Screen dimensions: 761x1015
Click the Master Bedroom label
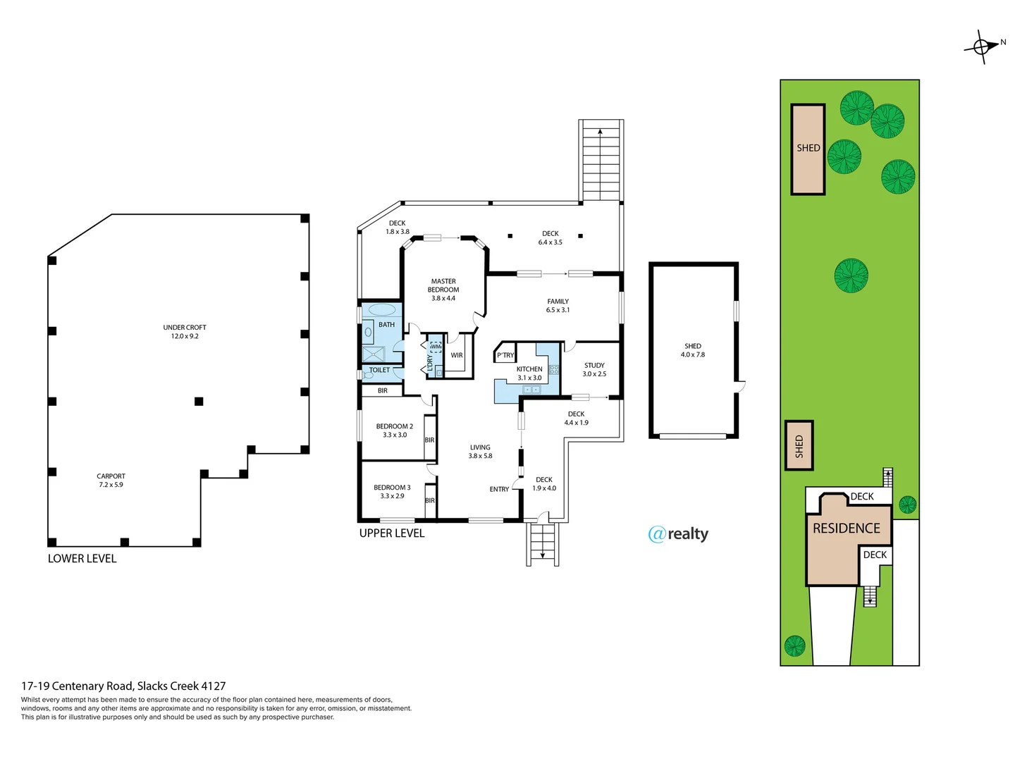tap(443, 290)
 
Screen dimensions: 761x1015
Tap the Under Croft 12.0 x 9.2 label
tap(185, 332)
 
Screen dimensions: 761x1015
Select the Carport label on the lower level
tap(111, 481)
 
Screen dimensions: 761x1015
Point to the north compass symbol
tap(982, 47)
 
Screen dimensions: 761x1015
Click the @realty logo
tap(678, 534)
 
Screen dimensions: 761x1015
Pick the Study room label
tap(594, 370)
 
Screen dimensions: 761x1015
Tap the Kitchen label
tap(529, 373)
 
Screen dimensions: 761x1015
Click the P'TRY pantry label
tap(505, 355)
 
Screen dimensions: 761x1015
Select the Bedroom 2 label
tap(394, 431)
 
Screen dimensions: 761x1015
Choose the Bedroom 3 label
tap(392, 492)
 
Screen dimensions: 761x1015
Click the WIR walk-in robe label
tap(457, 355)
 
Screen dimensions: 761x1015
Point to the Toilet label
tap(379, 370)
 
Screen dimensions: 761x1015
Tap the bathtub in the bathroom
tap(382, 309)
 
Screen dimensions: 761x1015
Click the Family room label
tap(558, 305)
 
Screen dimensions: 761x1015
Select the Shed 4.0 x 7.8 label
tap(692, 350)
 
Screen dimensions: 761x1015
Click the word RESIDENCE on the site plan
tap(846, 528)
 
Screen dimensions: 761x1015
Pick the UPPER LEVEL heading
tap(392, 533)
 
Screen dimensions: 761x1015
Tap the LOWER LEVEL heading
tap(82, 559)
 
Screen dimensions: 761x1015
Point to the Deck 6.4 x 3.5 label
tap(550, 237)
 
